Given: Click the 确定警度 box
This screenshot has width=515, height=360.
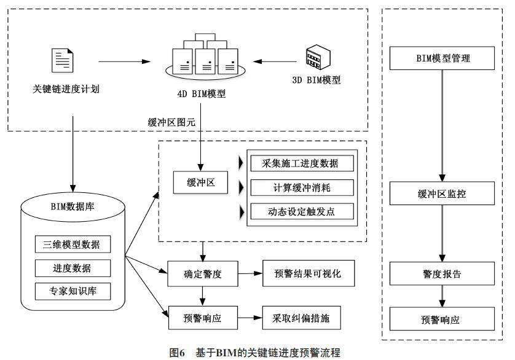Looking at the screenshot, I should tap(203, 273).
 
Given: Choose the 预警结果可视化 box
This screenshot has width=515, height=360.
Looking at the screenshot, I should tap(309, 273).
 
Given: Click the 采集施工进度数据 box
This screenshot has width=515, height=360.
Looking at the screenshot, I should tap(303, 163).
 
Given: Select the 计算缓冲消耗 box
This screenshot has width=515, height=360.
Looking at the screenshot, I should tap(303, 187).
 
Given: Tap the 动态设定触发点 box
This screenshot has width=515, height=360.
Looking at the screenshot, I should tap(303, 211).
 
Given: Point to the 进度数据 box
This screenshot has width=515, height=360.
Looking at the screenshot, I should tap(73, 268).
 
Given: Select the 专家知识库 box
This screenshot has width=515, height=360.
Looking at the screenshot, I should tap(73, 291).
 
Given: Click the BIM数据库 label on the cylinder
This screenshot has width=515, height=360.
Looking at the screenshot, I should tap(73, 206).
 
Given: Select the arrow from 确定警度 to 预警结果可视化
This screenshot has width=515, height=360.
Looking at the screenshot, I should tap(250, 273).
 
